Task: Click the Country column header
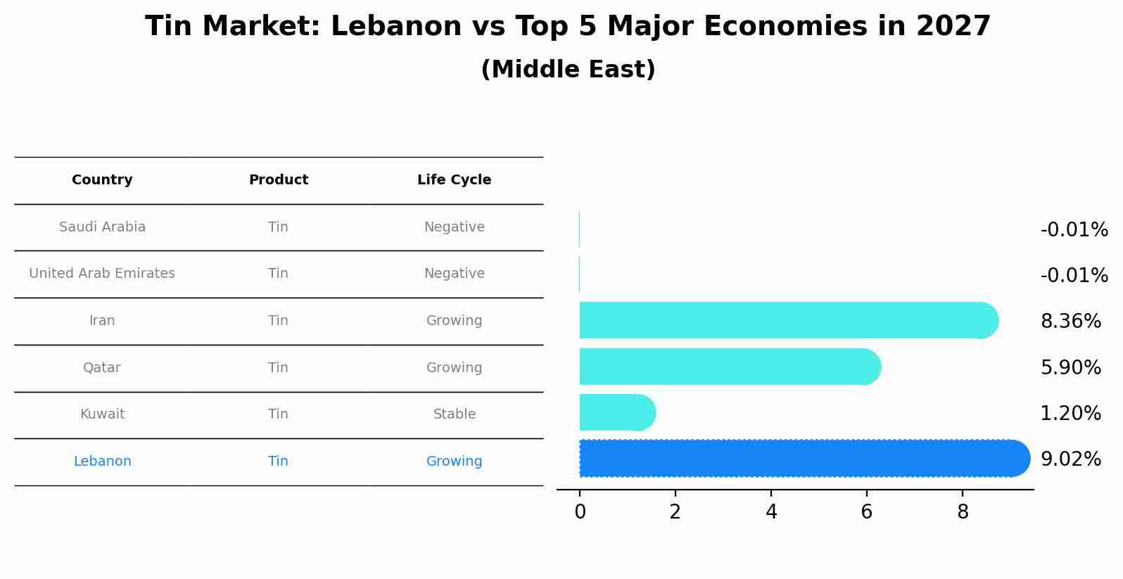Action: tap(102, 180)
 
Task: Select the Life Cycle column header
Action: tap(454, 180)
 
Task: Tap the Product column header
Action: tap(278, 180)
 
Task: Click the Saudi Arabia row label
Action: tap(102, 227)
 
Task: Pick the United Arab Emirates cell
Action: tap(102, 274)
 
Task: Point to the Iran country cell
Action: tap(102, 321)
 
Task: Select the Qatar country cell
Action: tap(102, 368)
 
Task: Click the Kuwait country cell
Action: tap(102, 414)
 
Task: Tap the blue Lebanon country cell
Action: tap(102, 462)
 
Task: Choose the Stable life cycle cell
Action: tap(454, 414)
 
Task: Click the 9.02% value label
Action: tap(1070, 459)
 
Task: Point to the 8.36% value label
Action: tap(1070, 322)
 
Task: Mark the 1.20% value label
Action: tap(1070, 414)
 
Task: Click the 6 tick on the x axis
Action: tap(866, 512)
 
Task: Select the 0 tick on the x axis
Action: tap(580, 512)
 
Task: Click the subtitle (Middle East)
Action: tap(568, 70)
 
